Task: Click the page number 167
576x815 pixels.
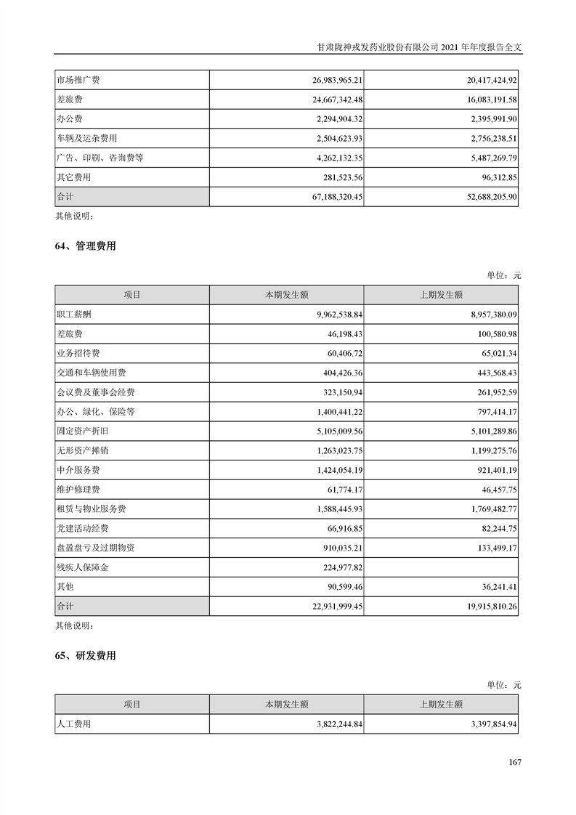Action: tap(515, 762)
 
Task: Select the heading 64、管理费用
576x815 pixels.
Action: tap(85, 247)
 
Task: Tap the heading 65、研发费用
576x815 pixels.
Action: tap(85, 656)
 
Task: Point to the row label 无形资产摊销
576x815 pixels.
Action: tap(82, 450)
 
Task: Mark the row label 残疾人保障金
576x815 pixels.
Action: tap(82, 567)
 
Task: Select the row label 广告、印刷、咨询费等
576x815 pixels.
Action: tap(99, 158)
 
